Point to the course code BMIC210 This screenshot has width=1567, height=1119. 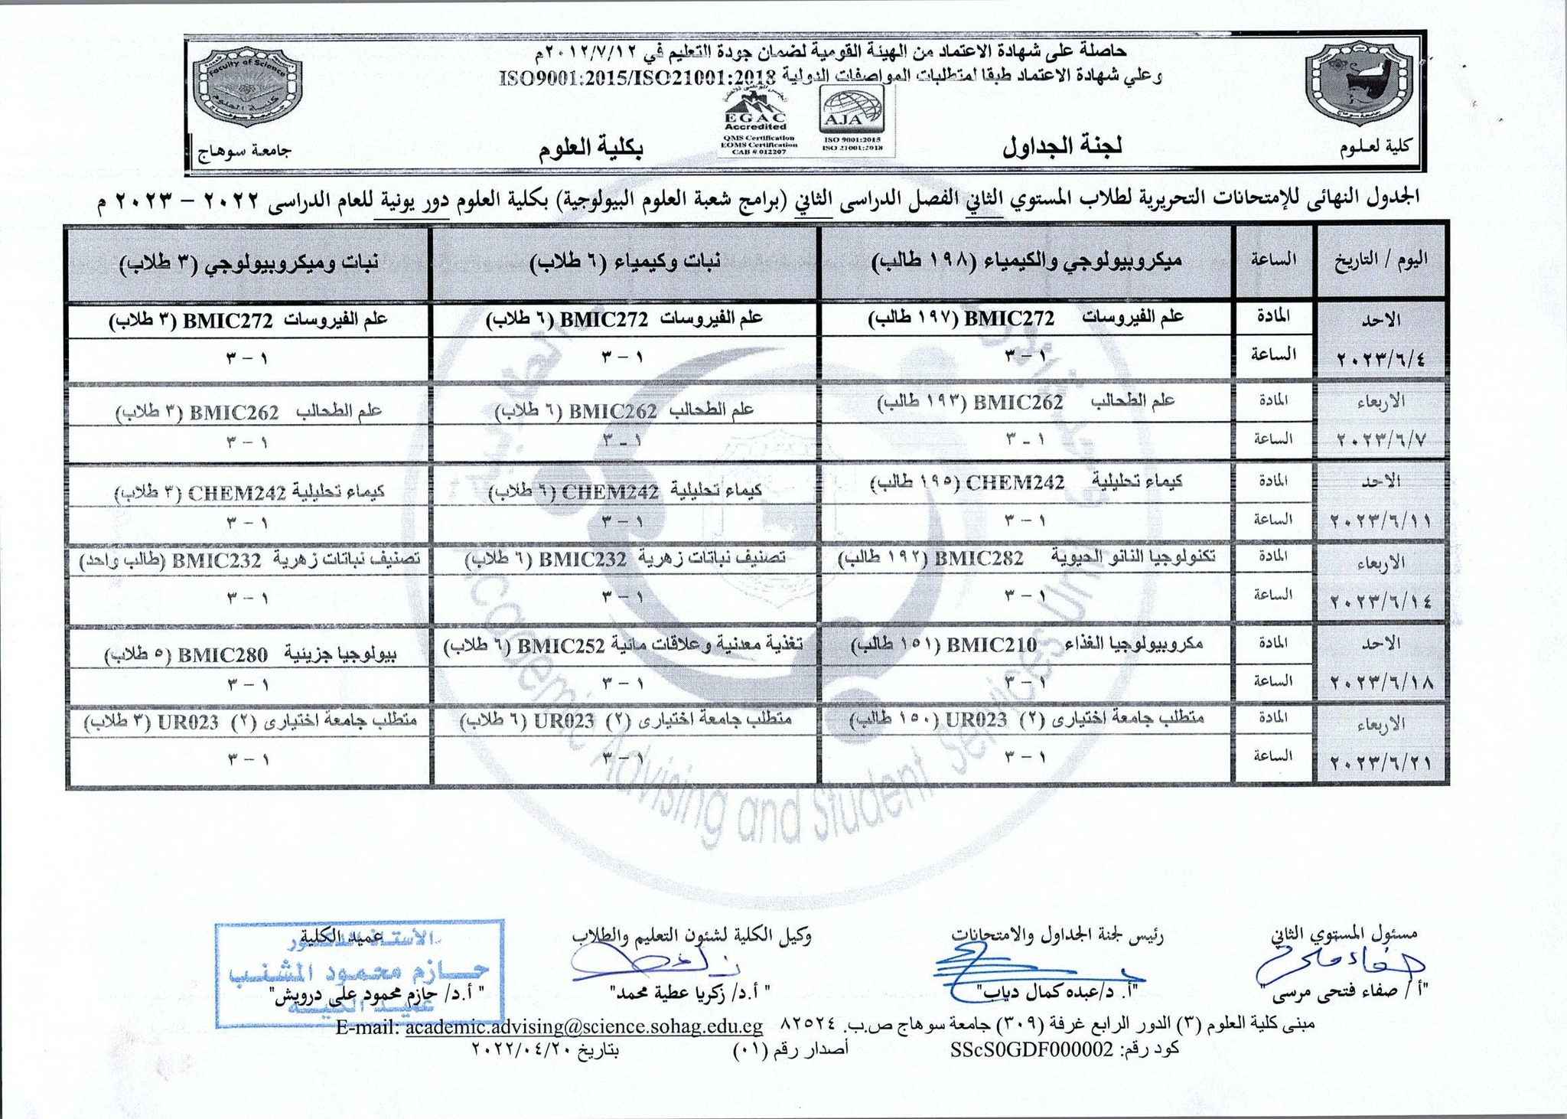pos(992,644)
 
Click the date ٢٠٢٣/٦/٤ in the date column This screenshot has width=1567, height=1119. pos(1380,358)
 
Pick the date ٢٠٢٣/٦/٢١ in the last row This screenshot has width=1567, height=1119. pos(1380,762)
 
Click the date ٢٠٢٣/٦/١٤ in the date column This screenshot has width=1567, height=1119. pos(1380,601)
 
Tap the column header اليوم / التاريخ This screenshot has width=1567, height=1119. pos(1381,259)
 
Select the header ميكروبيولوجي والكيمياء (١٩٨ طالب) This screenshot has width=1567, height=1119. pos(1028,260)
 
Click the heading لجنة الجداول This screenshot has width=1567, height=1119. pos(1062,146)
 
